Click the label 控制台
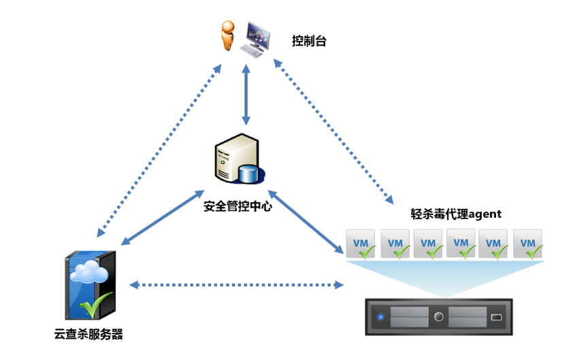310,41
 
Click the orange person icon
227,36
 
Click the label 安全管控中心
238,206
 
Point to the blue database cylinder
249,174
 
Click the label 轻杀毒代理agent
456,214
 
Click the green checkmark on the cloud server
96,305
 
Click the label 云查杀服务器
88,334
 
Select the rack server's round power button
439,316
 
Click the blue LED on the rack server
380,316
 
